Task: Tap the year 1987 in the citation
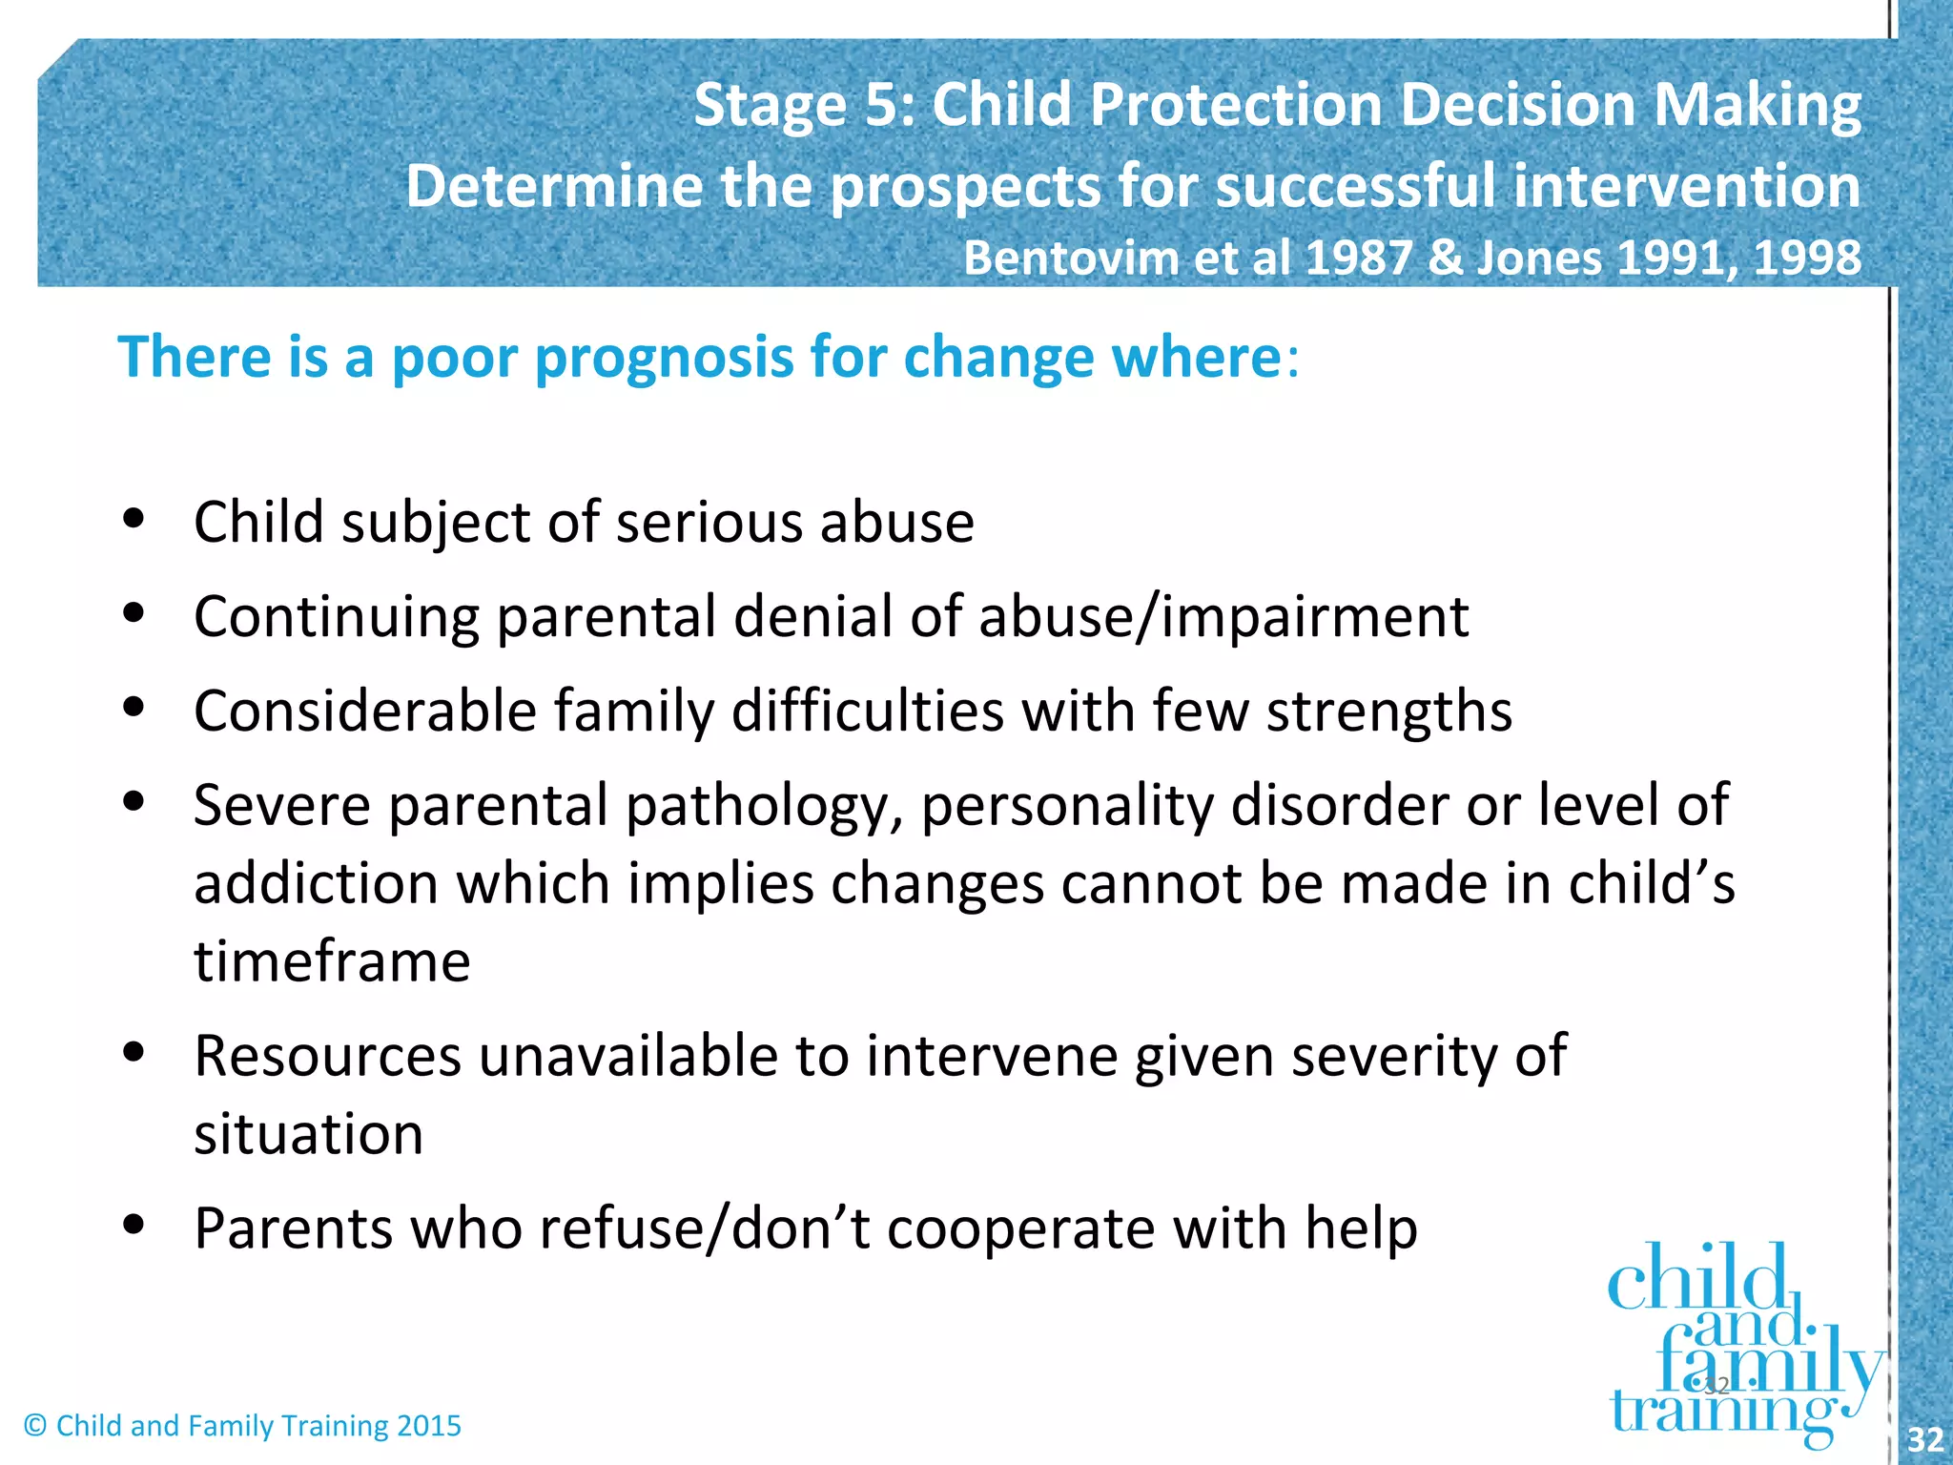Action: click(x=1360, y=258)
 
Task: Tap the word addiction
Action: click(x=316, y=883)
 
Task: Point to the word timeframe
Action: click(x=332, y=961)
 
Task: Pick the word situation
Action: click(x=308, y=1135)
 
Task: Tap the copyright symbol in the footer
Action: click(x=35, y=1426)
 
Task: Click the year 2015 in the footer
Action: click(x=429, y=1426)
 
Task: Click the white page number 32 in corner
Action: click(x=1924, y=1439)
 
